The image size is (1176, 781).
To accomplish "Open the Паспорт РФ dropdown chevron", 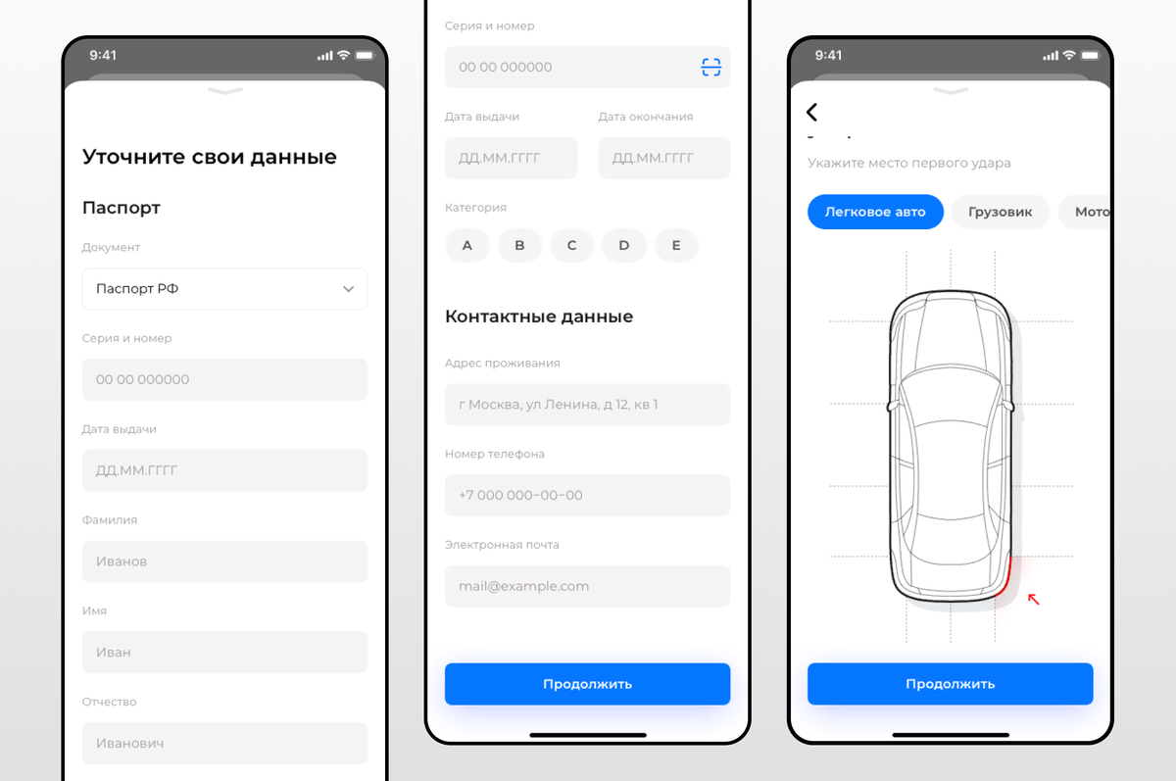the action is (348, 289).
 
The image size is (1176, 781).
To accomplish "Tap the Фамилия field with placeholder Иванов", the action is (224, 561).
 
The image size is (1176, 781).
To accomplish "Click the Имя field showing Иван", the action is (224, 652).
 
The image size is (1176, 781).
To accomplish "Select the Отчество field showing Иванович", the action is (224, 743).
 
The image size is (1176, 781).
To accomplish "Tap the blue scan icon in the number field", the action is (710, 68).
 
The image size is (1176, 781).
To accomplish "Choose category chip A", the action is (466, 245).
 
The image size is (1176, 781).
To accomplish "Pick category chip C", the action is (571, 245).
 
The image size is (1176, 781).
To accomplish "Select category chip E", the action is (676, 245).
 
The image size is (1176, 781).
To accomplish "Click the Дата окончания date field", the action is (664, 158).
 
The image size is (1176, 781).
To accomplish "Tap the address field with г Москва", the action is (587, 404).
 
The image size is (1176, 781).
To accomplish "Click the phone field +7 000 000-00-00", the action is (587, 495).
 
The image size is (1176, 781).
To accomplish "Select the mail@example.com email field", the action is (587, 586).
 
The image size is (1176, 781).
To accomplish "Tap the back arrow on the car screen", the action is (811, 112).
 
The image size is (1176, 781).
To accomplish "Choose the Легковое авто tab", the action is (875, 212).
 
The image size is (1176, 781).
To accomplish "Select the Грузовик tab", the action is (1001, 212).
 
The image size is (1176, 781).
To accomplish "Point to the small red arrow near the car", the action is (1033, 599).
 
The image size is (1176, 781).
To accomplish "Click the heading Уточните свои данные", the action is (210, 157).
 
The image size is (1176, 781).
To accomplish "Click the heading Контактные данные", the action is (539, 317).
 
